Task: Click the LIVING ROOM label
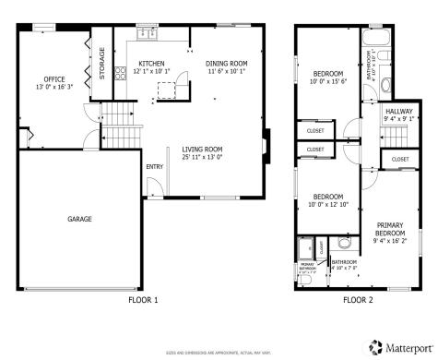pyautogui.click(x=202, y=149)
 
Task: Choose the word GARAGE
pyautogui.click(x=78, y=219)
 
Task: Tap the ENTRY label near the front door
pyautogui.click(x=153, y=166)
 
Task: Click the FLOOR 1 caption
pyautogui.click(x=142, y=300)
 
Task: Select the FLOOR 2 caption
pyautogui.click(x=358, y=300)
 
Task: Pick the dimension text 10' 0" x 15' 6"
pyautogui.click(x=327, y=81)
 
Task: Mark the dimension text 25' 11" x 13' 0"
pyautogui.click(x=202, y=157)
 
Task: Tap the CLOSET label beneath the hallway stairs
pyautogui.click(x=399, y=159)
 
